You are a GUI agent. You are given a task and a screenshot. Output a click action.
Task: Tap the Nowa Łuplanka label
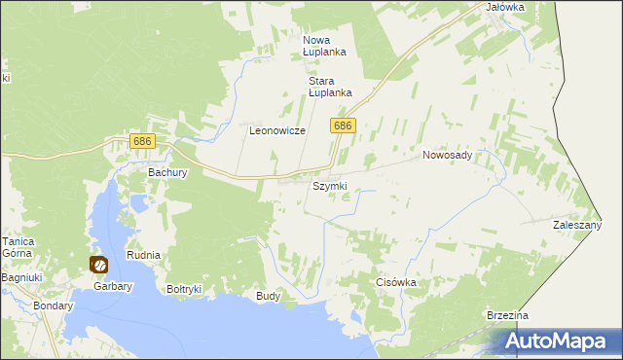coord(324,45)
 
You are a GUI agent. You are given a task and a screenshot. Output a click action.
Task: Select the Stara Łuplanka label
coord(329,87)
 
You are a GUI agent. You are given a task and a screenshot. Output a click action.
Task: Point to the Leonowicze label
coord(277,130)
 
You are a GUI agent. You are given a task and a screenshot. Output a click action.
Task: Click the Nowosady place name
coord(447,155)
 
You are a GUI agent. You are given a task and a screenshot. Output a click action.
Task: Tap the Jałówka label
coord(504,7)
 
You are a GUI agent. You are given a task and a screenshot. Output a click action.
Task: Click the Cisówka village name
coord(396,283)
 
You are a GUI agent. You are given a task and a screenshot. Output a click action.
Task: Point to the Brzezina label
coord(507,316)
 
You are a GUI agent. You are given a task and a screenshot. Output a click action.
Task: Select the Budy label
coord(268,296)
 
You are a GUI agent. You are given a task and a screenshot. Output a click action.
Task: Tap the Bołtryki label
coord(183,289)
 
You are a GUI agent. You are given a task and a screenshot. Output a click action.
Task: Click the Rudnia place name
coord(143,255)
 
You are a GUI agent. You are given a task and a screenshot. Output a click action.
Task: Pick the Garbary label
coord(112,286)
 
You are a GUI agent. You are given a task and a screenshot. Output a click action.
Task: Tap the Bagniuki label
coord(20,278)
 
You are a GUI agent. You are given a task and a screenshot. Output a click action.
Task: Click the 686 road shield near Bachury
coord(142,143)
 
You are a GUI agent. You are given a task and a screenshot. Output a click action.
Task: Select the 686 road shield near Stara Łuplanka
coord(343,126)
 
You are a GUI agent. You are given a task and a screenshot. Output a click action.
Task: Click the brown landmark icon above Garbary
coord(98,264)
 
